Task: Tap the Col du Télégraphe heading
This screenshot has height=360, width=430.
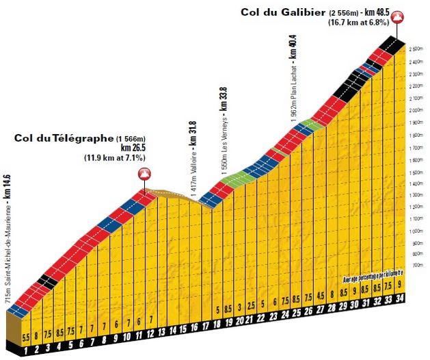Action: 63,138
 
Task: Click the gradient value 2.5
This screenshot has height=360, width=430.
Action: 252,304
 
